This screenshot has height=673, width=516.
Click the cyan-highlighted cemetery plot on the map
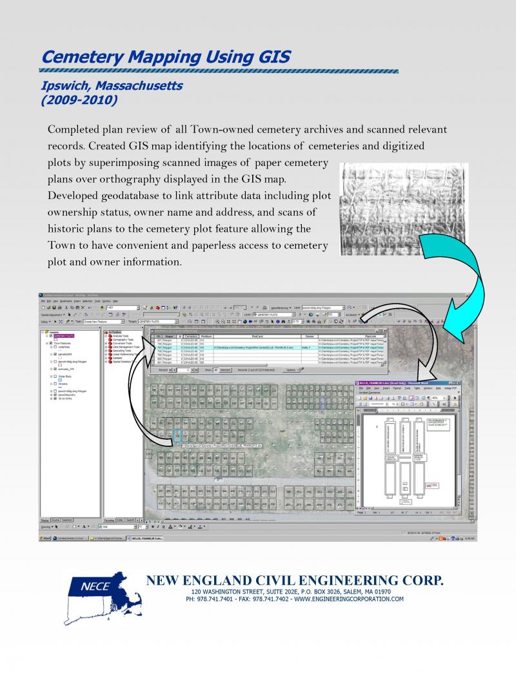[x=177, y=435]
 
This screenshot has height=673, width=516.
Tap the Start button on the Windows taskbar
[x=46, y=537]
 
